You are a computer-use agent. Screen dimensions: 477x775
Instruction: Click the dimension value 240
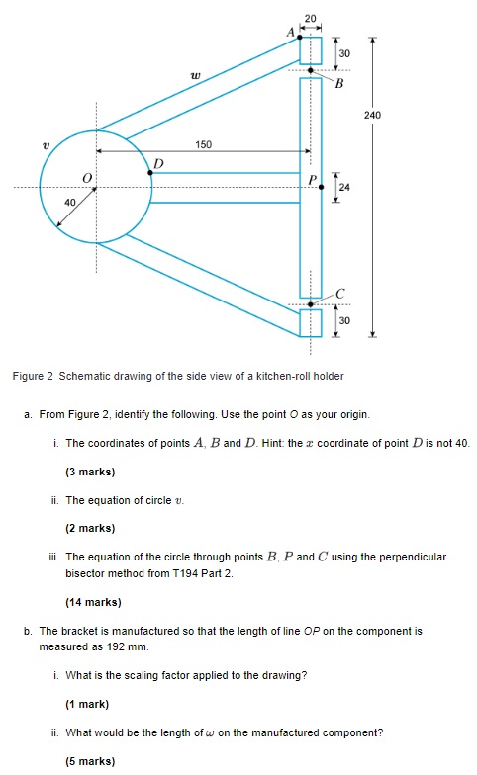point(372,116)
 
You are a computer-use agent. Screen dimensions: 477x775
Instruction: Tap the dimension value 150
point(203,145)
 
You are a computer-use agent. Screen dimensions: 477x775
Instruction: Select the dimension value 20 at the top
point(311,18)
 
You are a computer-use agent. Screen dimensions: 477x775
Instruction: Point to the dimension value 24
point(343,187)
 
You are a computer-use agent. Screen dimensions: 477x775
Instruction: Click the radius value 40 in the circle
point(69,203)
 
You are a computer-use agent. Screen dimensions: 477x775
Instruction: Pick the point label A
point(291,32)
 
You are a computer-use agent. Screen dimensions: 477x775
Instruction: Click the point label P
point(312,179)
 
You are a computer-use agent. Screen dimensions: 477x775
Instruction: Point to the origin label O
point(87,178)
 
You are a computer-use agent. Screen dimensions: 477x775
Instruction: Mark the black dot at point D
point(149,172)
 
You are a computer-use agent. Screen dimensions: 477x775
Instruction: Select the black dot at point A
point(301,38)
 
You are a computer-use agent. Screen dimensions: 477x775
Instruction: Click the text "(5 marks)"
point(90,761)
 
